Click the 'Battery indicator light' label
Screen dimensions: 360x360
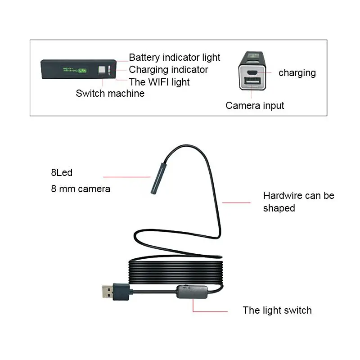point(175,58)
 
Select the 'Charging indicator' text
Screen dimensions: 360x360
point(168,70)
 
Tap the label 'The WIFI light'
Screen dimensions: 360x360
point(159,82)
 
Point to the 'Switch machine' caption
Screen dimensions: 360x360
point(110,94)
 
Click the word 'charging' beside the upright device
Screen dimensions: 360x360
point(297,73)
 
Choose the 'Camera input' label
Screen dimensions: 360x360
point(255,106)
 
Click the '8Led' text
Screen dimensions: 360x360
point(62,172)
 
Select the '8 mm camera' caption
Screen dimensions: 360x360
point(81,189)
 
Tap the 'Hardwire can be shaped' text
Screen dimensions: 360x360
point(298,202)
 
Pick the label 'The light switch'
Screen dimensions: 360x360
point(277,310)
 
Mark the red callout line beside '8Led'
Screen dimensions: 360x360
point(126,176)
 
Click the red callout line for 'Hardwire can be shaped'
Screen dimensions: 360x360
point(236,202)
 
